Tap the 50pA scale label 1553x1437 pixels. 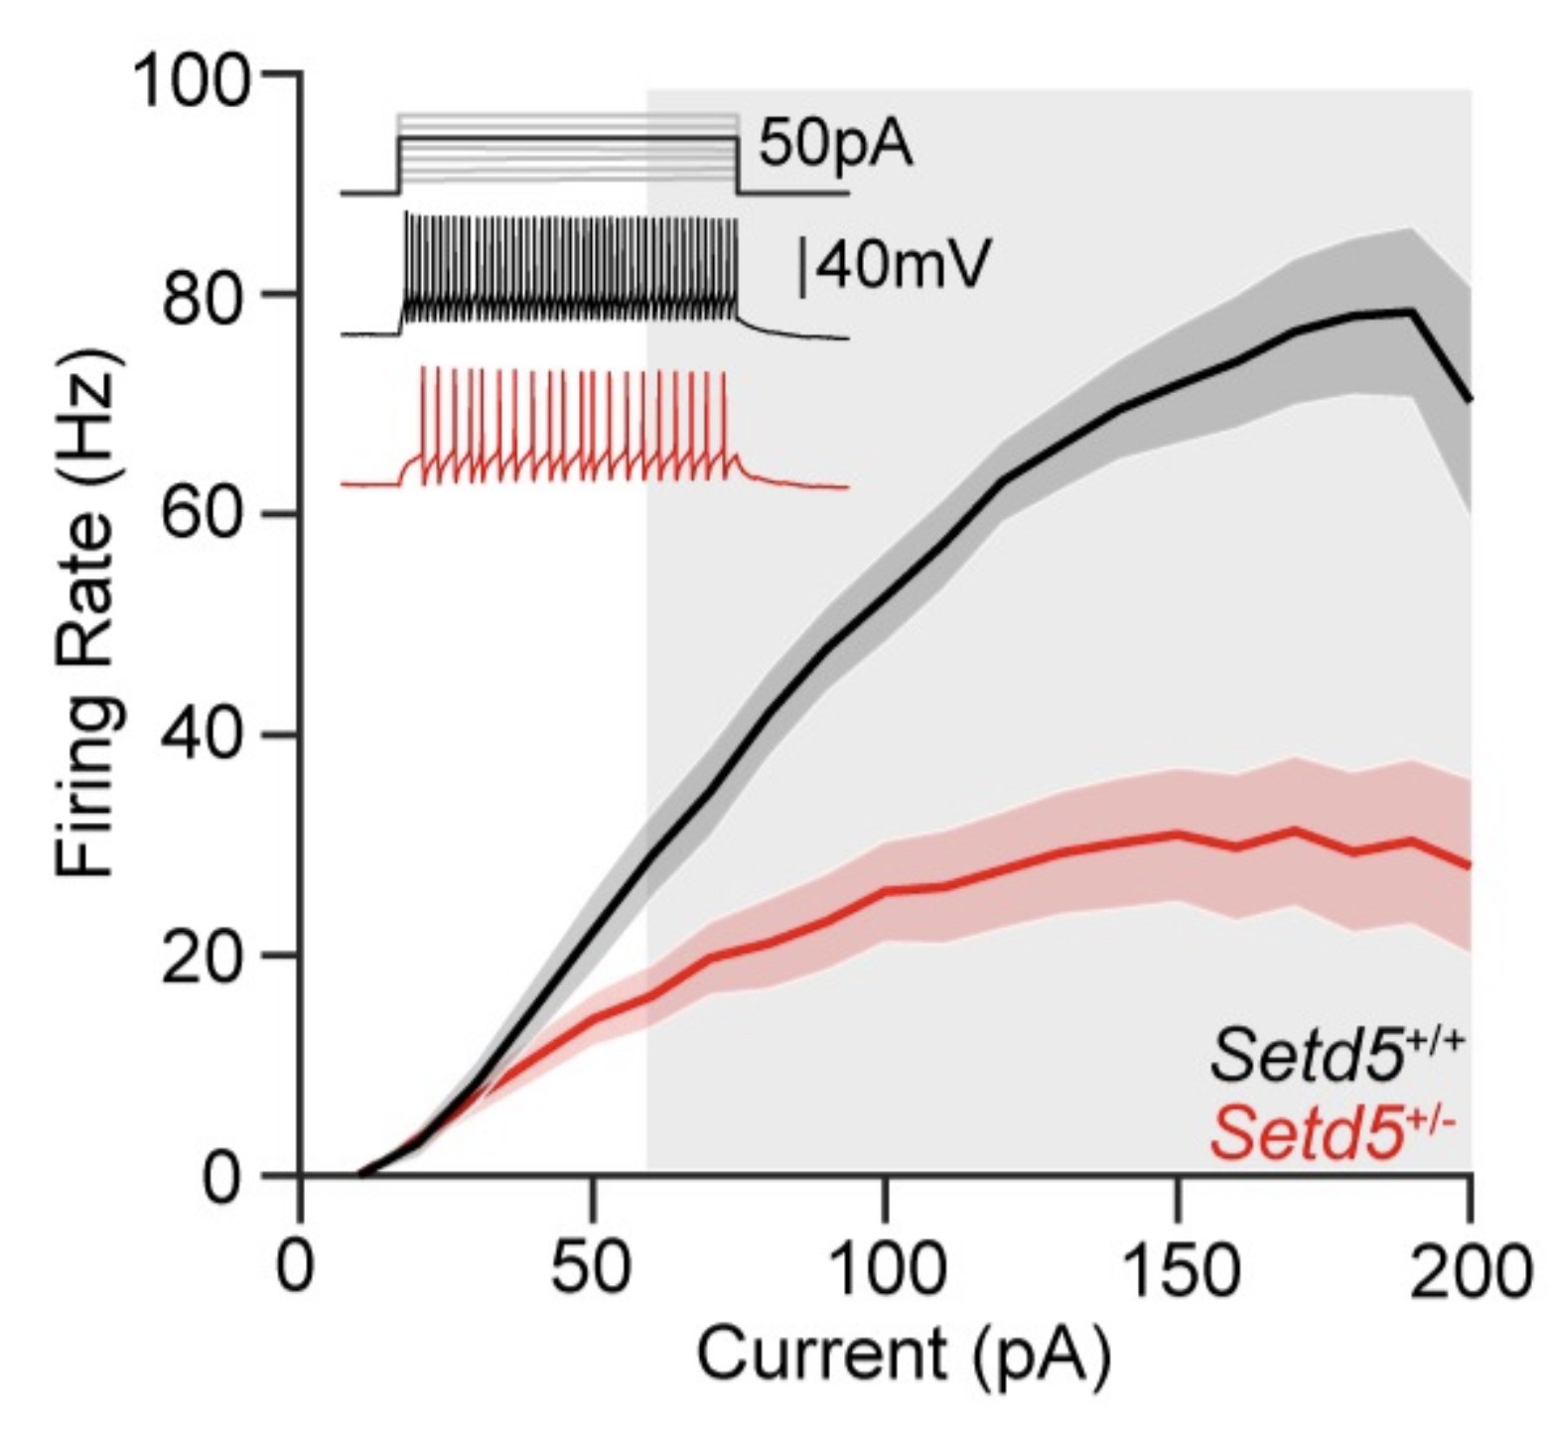835,146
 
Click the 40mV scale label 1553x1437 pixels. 894,266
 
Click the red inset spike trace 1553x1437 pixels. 596,428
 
